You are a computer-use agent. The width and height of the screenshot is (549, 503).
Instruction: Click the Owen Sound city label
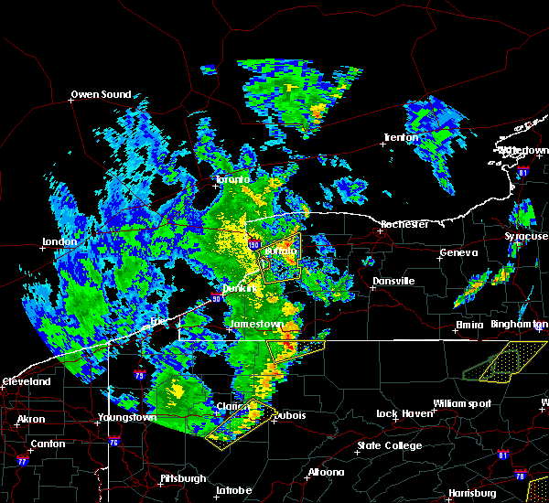pyautogui.click(x=101, y=94)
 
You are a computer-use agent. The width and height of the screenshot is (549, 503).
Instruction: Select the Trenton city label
pyautogui.click(x=400, y=138)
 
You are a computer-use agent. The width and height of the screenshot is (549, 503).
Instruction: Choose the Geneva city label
pyautogui.click(x=458, y=253)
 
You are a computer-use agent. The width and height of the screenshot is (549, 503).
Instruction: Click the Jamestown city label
pyautogui.click(x=258, y=325)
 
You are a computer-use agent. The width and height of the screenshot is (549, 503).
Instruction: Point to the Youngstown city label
pyautogui.click(x=126, y=418)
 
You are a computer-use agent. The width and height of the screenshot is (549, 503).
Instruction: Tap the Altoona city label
pyautogui.click(x=326, y=473)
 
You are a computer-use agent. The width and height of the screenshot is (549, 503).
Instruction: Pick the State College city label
pyautogui.click(x=390, y=446)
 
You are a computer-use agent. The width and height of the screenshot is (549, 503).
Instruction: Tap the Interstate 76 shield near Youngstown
pyautogui.click(x=114, y=443)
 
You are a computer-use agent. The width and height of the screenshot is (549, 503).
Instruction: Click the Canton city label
pyautogui.click(x=47, y=444)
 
